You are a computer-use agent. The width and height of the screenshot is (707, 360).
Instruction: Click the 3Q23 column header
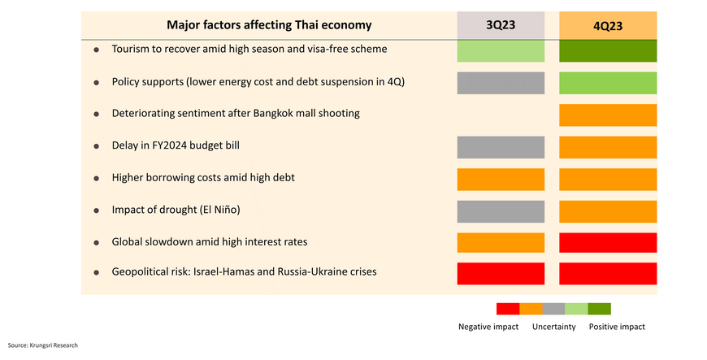501,25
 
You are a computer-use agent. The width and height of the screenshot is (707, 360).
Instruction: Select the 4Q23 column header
608,25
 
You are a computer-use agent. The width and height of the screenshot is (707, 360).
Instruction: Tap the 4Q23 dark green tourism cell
608,50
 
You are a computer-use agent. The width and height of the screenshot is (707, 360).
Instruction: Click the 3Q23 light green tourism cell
501,50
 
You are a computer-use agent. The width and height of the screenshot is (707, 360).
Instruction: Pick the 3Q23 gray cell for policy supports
501,83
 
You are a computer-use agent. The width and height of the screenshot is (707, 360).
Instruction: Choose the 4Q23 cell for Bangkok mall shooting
608,115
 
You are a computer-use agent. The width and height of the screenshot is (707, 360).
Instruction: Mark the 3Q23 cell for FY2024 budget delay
501,146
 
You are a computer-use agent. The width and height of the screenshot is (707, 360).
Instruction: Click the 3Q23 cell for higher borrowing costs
501,178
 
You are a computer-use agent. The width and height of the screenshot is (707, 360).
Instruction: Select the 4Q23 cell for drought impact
608,210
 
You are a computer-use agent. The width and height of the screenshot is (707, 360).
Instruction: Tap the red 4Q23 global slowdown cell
608,242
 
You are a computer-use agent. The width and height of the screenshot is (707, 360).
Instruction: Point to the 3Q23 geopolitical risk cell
501,273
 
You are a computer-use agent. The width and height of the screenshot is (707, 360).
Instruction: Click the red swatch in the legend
508,308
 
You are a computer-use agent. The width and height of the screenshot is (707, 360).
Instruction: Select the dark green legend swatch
599,308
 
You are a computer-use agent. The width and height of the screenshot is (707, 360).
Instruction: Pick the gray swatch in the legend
553,308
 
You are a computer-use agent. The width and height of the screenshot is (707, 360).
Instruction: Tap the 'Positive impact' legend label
617,327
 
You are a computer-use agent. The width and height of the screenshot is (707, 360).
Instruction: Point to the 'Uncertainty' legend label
554,327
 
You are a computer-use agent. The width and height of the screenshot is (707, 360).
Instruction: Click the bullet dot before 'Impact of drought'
96,210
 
